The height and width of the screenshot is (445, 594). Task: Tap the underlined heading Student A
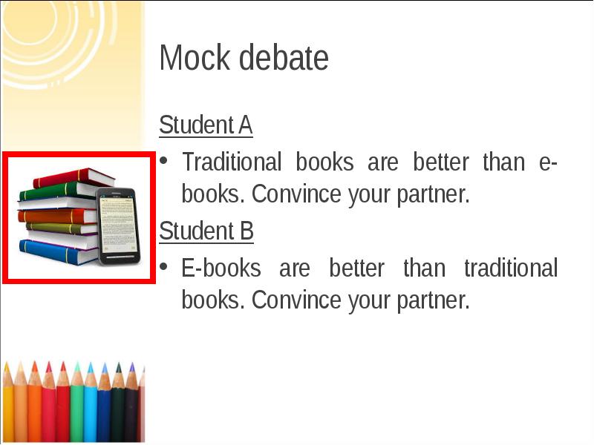point(206,125)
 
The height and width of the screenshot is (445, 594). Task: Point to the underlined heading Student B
point(206,231)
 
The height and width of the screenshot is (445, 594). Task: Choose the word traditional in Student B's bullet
point(510,267)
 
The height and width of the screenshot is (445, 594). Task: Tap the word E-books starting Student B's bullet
point(221,267)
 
